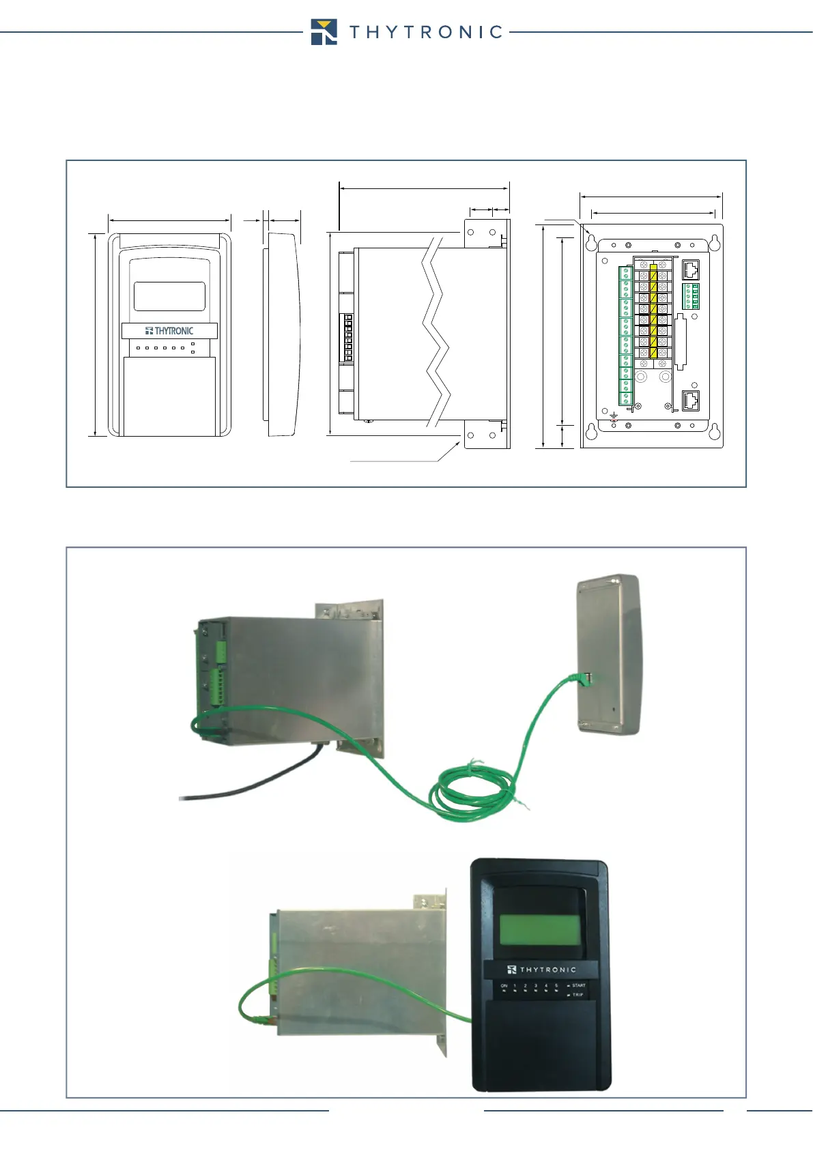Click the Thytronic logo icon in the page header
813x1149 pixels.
(x=324, y=32)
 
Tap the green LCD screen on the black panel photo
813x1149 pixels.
(x=540, y=930)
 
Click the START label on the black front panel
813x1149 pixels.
(x=578, y=985)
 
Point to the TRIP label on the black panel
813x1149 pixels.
(x=577, y=995)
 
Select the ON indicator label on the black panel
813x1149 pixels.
(x=504, y=986)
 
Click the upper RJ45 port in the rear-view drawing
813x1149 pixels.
(x=691, y=270)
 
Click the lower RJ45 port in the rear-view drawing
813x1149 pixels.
(x=691, y=400)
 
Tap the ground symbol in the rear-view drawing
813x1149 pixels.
(x=613, y=416)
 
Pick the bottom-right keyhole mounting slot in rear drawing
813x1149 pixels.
(x=713, y=431)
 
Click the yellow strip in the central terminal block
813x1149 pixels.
(x=653, y=310)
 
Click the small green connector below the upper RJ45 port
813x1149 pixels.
(x=691, y=296)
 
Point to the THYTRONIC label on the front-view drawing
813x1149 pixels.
(x=169, y=331)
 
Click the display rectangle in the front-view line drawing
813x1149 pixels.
(x=169, y=296)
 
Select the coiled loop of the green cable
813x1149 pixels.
(x=472, y=791)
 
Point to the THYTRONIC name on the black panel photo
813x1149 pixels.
(x=542, y=970)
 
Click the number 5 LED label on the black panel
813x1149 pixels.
(x=556, y=986)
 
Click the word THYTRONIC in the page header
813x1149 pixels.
(x=427, y=32)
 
